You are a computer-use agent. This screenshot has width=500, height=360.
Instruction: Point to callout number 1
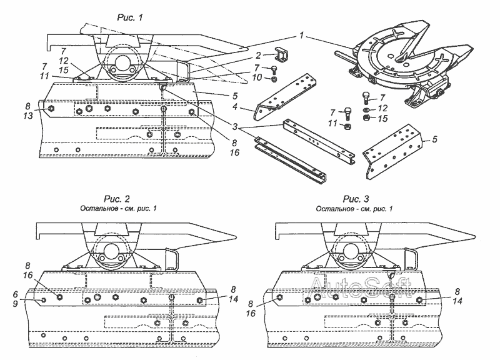coord(302,37)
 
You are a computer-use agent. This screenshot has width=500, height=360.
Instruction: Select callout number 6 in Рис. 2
coord(31,292)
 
